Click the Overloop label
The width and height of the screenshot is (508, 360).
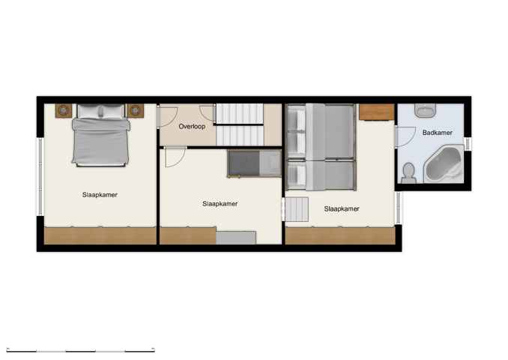click(x=192, y=127)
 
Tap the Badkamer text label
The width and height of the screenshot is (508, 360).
click(x=436, y=133)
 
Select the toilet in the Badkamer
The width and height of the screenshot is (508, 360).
click(x=408, y=173)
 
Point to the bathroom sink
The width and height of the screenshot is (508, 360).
click(x=425, y=111)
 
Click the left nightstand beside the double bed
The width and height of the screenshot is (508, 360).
click(x=61, y=110)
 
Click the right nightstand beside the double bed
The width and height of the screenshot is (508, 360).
click(x=136, y=110)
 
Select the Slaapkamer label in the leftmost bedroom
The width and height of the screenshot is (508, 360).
click(x=100, y=195)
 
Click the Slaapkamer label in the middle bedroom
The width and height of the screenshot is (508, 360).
click(x=220, y=203)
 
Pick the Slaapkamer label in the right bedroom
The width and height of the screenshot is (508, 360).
click(x=342, y=209)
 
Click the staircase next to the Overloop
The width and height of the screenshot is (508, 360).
click(x=240, y=124)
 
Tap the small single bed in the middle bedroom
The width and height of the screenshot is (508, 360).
click(x=253, y=163)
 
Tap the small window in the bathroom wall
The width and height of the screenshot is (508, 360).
click(x=468, y=142)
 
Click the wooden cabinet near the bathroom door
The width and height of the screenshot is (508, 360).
click(x=376, y=112)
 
